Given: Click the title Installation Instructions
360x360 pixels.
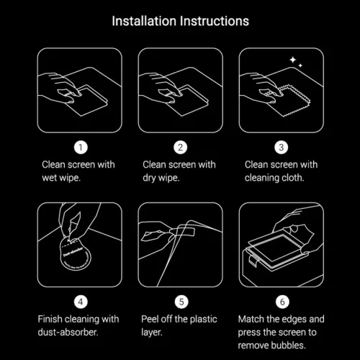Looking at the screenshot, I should tap(180, 21).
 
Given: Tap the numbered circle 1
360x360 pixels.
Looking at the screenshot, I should tap(81, 148).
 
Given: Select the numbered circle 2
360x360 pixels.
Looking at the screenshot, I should tap(180, 148).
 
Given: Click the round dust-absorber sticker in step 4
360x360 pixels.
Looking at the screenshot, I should tap(72, 255).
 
